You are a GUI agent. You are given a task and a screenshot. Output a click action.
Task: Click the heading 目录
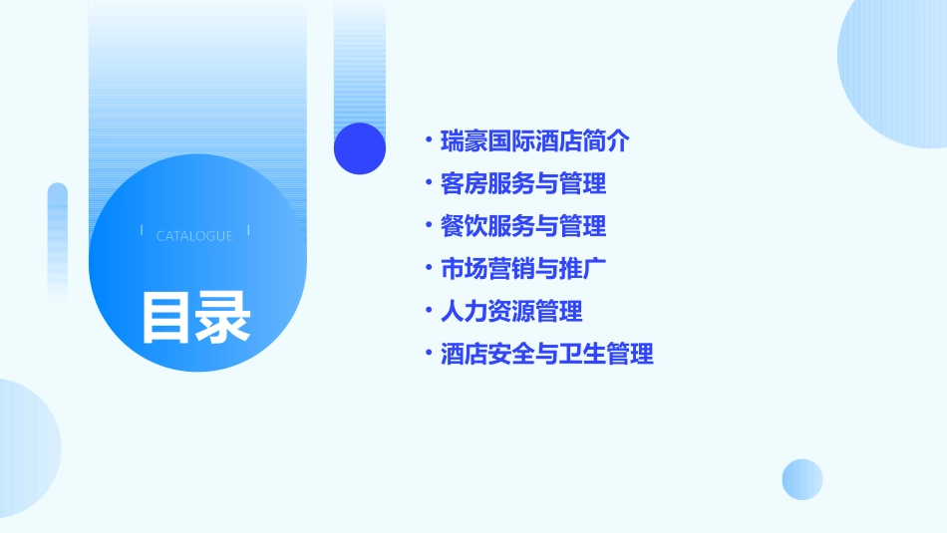195,317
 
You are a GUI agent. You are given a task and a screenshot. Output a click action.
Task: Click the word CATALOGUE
194,236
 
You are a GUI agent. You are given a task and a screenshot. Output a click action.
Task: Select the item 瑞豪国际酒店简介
535,141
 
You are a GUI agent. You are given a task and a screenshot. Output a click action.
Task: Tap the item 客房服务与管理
523,184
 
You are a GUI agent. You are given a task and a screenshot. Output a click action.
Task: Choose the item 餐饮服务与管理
523,227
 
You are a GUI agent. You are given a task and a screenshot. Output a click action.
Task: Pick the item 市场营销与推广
523,269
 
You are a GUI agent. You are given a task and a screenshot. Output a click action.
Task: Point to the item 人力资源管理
511,312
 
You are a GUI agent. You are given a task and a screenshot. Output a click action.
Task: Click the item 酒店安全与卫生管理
547,355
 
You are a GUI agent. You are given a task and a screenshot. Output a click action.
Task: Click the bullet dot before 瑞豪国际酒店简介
428,141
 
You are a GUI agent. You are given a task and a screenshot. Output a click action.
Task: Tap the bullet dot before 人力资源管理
428,312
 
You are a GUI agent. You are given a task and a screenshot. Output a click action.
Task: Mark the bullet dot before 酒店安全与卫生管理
428,355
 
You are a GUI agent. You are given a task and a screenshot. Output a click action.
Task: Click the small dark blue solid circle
360,148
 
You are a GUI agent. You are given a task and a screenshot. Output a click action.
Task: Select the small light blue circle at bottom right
802,479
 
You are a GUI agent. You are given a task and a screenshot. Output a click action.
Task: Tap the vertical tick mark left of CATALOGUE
142,231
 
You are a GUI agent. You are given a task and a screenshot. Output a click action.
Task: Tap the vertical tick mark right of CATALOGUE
248,231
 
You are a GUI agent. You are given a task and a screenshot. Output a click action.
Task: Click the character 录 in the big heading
223,317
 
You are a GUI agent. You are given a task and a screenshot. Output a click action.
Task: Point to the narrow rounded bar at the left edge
58,239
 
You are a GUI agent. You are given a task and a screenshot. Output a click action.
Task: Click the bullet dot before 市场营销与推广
428,269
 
